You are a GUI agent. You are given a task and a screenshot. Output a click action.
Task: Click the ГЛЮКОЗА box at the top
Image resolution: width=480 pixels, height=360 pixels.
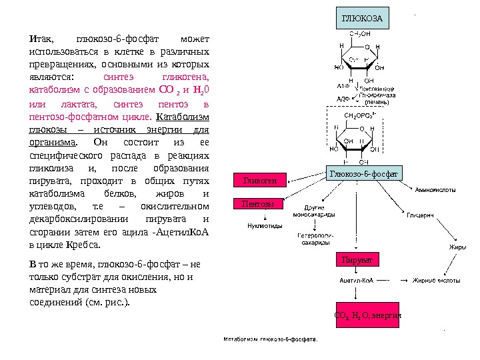[x=362, y=18]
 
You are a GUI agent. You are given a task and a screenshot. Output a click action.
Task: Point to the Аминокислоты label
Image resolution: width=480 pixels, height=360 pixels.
[x=435, y=189]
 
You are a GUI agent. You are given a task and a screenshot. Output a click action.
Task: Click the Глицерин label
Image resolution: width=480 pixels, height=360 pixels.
[x=421, y=217]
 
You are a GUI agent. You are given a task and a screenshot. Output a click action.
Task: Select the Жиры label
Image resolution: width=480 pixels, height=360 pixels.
[x=457, y=247]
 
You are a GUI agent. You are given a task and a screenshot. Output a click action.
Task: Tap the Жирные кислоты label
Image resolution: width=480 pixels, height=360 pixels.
[x=437, y=281]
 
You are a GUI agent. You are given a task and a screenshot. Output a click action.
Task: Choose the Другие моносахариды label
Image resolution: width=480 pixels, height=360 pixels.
[x=314, y=211]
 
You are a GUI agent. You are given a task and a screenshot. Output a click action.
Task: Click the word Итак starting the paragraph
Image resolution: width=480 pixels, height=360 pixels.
[x=39, y=37]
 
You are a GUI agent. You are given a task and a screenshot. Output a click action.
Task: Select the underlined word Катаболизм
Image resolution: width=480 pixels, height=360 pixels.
[x=187, y=118]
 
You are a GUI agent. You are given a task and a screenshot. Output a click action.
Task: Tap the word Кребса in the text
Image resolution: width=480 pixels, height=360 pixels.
[x=81, y=245]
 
